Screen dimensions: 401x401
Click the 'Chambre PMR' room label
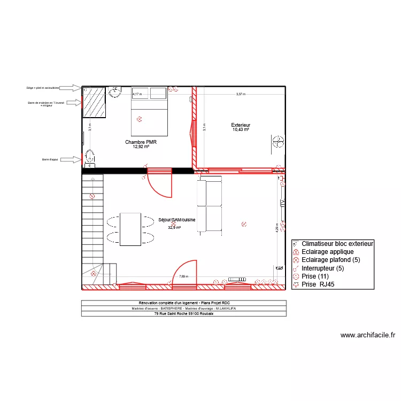pyautogui.click(x=141, y=142)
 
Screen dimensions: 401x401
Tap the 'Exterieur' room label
pyautogui.click(x=241, y=125)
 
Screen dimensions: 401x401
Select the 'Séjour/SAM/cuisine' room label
pyautogui.click(x=177, y=220)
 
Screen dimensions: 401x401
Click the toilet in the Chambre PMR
pyautogui.click(x=90, y=157)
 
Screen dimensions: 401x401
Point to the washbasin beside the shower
pyautogui.click(x=115, y=92)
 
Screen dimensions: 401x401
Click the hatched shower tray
pyautogui.click(x=94, y=102)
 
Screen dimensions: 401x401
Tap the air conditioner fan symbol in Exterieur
pyautogui.click(x=278, y=143)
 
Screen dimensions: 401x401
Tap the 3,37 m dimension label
pyautogui.click(x=241, y=94)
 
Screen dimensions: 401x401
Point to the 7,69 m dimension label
pyautogui.click(x=183, y=276)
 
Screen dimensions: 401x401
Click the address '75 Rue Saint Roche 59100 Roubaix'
pyautogui.click(x=183, y=314)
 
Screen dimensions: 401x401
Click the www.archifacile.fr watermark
pyautogui.click(x=368, y=335)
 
